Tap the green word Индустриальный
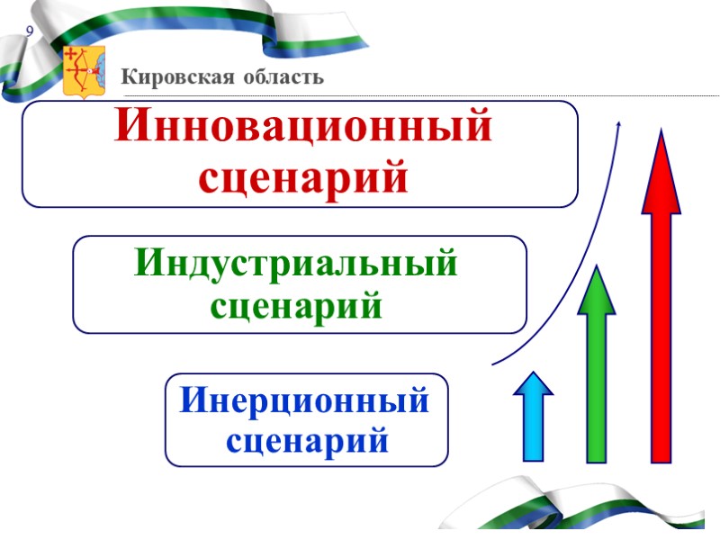[296, 265]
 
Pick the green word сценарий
[296, 307]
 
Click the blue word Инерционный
[305, 400]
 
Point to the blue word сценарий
[307, 442]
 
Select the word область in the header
[280, 77]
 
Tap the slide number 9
[30, 32]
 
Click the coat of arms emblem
[84, 70]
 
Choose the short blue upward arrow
[533, 423]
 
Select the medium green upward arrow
[596, 378]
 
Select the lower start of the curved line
[494, 364]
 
